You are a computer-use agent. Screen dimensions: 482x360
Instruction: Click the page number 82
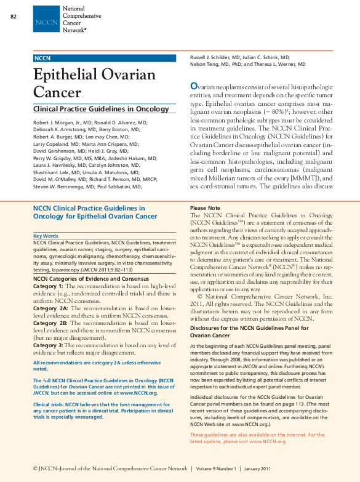click(14, 16)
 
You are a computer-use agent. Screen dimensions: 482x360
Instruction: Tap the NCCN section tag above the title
click(42, 58)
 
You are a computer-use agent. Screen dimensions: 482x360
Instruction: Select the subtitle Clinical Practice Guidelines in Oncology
click(101, 109)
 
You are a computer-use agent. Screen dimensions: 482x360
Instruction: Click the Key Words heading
click(46, 236)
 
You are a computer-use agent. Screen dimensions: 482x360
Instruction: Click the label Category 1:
click(48, 286)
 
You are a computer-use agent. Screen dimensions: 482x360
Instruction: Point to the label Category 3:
click(48, 345)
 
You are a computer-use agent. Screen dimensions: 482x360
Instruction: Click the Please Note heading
click(205, 208)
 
